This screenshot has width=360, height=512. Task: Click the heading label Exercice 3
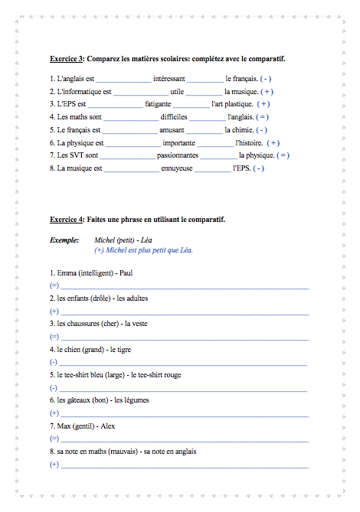(x=67, y=58)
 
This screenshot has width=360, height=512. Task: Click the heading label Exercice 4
(x=67, y=219)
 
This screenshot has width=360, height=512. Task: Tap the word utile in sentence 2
(x=178, y=91)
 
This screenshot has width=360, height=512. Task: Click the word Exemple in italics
(x=64, y=239)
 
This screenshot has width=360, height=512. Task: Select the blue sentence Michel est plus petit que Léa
(x=149, y=249)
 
